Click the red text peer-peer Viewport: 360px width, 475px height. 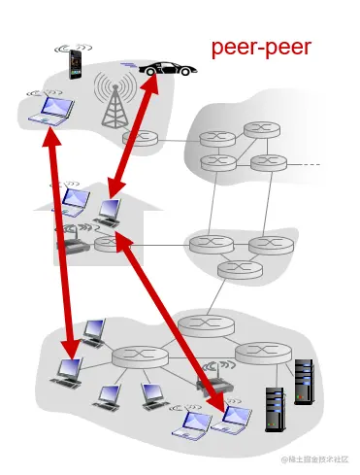click(262, 48)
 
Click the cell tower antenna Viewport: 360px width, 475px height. click(115, 102)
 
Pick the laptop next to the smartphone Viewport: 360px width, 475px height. click(49, 111)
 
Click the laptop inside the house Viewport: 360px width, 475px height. click(108, 211)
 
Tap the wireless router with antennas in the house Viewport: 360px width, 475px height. click(73, 243)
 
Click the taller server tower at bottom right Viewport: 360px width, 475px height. click(304, 382)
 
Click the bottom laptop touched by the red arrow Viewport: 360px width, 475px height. click(233, 416)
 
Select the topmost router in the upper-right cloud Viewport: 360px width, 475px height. click(260, 128)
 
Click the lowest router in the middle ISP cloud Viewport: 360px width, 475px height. click(233, 269)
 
